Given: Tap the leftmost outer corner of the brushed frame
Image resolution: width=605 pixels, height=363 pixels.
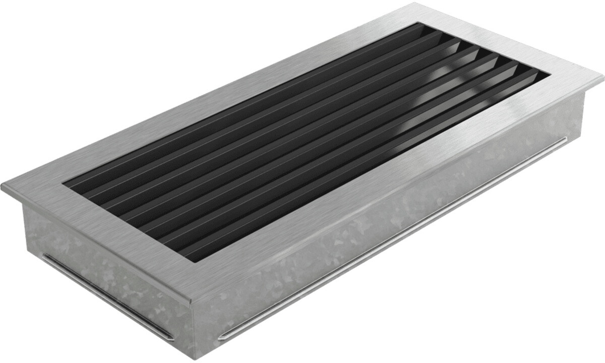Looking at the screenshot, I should [2, 186].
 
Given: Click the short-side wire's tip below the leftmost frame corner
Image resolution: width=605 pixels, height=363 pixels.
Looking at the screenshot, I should [44, 255].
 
